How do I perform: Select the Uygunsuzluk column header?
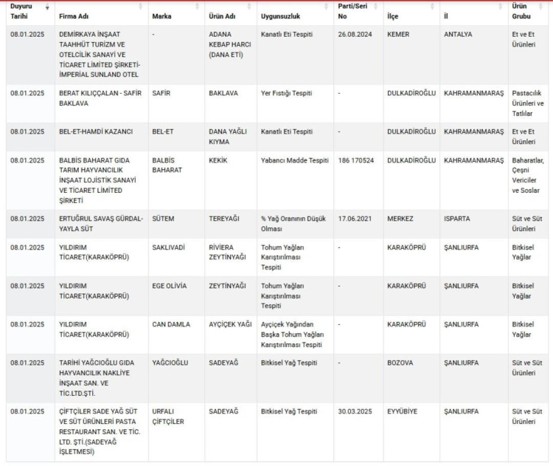(x=280, y=16)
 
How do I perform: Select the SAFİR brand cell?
(x=161, y=93)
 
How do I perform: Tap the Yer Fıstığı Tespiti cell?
(x=287, y=93)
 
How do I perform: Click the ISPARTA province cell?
(x=457, y=219)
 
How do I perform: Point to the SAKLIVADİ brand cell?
(x=168, y=247)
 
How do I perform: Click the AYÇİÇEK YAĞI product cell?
(x=230, y=324)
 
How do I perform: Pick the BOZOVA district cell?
(x=400, y=363)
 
